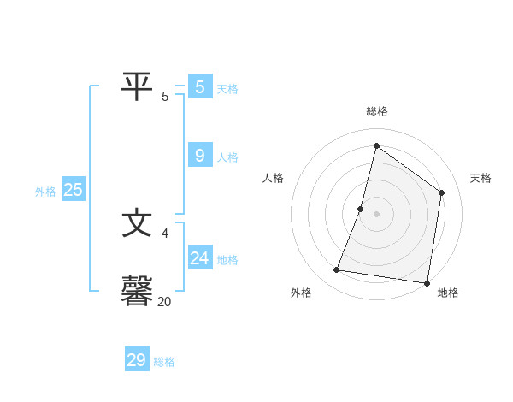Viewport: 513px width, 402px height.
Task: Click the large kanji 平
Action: [136, 86]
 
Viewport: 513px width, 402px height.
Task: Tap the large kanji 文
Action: [137, 223]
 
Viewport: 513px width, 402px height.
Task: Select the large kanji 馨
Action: [138, 290]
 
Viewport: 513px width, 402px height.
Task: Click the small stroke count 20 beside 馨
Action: [164, 301]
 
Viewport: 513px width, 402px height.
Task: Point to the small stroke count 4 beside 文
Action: [164, 233]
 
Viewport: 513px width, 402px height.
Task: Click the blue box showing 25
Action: [74, 190]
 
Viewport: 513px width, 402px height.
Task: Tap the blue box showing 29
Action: [137, 360]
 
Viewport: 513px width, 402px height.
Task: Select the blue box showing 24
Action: [200, 258]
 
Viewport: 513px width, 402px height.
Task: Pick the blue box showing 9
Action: [200, 156]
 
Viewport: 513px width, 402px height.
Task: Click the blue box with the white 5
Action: [200, 87]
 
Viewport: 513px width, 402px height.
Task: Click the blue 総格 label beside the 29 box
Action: [164, 362]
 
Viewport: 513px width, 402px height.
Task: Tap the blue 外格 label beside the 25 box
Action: [45, 192]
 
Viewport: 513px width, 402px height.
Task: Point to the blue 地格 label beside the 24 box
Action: [227, 260]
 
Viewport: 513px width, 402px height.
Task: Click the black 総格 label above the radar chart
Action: [377, 111]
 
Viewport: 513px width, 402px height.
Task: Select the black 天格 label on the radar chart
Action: [481, 178]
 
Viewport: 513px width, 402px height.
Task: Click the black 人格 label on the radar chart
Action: [273, 178]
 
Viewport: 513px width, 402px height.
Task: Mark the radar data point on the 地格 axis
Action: [427, 282]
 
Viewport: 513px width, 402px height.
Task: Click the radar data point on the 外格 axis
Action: [337, 270]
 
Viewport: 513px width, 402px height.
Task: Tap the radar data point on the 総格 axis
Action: [376, 145]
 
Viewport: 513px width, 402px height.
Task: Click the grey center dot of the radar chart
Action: [376, 214]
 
